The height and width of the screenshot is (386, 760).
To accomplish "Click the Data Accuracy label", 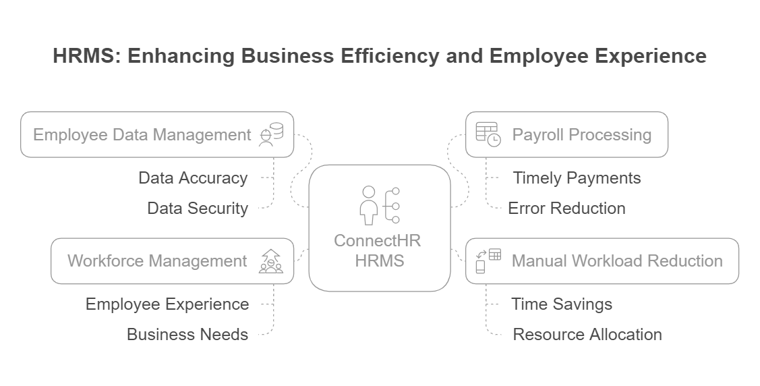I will coord(193,178).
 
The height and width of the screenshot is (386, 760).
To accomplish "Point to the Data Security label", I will coord(198,209).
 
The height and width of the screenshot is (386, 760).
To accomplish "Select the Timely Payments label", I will coord(577,178).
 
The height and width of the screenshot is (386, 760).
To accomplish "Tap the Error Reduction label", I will coord(566,209).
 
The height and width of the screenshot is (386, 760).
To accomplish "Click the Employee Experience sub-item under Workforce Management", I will coord(167,304).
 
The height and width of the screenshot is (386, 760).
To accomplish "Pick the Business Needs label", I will coord(187,334).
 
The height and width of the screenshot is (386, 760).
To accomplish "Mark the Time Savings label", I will coord(562,304).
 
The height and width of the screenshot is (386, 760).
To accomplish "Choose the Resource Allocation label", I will coord(587,334).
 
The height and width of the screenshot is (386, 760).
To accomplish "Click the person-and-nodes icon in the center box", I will coord(380,205).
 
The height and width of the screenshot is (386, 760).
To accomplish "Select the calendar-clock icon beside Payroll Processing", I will coord(488,134).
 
